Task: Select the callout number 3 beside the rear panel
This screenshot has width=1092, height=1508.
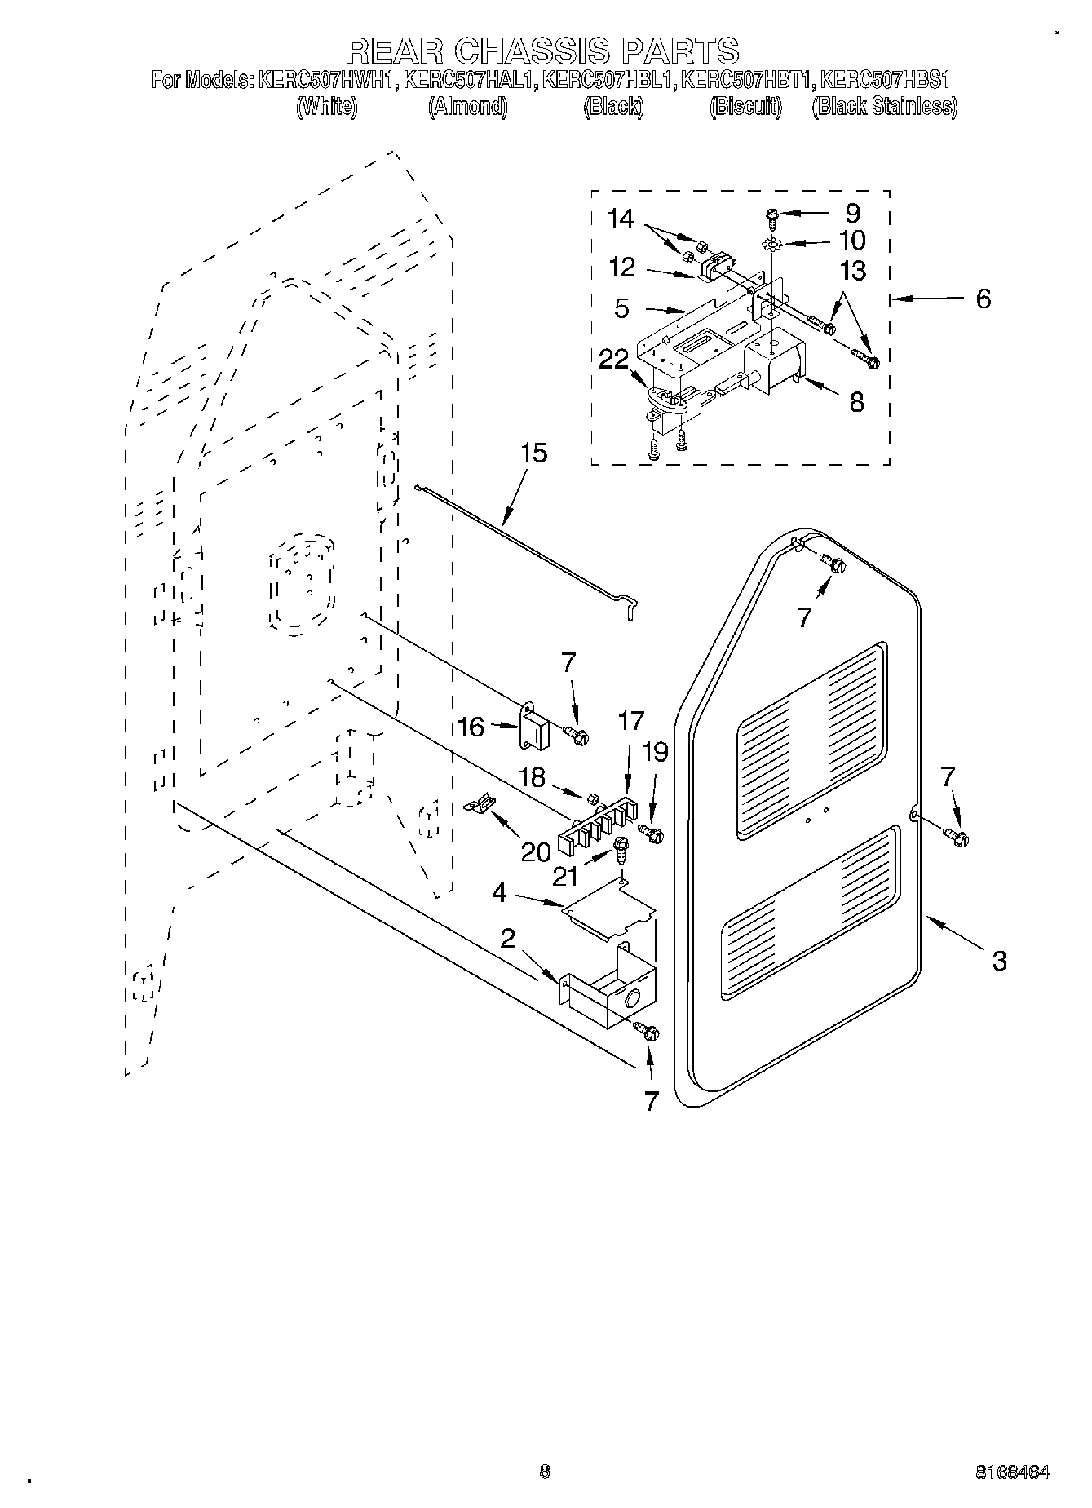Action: pos(999,960)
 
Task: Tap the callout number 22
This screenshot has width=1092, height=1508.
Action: pos(613,359)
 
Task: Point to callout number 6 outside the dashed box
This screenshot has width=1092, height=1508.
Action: pos(983,299)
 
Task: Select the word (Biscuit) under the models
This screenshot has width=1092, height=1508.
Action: pos(745,106)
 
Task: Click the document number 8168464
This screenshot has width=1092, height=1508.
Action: pos(1011,1472)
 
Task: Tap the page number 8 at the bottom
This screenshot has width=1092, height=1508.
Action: pos(544,1471)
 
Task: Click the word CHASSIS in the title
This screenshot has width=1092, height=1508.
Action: pos(531,50)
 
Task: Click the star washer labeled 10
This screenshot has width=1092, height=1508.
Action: pos(771,243)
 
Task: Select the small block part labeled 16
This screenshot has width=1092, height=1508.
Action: pos(534,727)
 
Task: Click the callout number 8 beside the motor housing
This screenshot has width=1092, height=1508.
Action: pos(856,401)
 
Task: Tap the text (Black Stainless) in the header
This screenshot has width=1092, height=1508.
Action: pos(884,106)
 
